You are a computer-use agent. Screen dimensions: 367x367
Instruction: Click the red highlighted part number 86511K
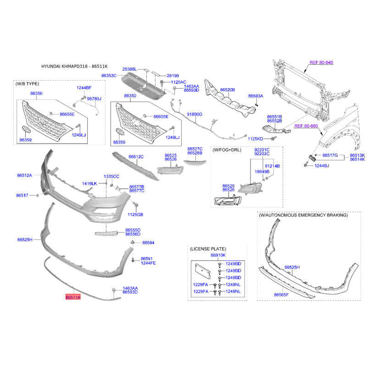[x=73, y=297]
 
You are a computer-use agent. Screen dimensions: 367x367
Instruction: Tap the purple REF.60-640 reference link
[x=321, y=62]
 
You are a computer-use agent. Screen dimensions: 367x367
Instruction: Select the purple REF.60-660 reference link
[x=306, y=126]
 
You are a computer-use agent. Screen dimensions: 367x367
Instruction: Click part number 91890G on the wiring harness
[x=195, y=114]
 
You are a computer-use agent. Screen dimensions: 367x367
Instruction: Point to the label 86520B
[x=228, y=89]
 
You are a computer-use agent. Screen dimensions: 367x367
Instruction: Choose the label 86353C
[x=109, y=76]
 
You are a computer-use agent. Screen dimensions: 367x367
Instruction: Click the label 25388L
[x=129, y=69]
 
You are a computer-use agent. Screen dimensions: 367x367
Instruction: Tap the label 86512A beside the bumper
[x=25, y=175]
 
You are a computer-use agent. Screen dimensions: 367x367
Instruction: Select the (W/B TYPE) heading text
[x=27, y=84]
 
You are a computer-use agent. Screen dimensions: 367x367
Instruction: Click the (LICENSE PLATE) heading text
[x=208, y=249]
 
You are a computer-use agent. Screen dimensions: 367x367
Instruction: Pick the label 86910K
[x=218, y=255]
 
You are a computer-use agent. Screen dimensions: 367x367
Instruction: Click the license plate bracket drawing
[x=203, y=271]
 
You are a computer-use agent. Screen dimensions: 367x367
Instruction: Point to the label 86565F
[x=281, y=295]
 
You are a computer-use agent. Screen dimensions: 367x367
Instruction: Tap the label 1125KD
[x=256, y=139]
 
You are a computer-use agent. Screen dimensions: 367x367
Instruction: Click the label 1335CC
[x=111, y=176]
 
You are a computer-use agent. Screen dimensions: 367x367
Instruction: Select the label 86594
[x=148, y=243]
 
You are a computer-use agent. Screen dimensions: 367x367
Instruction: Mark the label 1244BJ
[x=322, y=166]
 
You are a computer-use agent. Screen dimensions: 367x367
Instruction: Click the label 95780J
[x=94, y=99]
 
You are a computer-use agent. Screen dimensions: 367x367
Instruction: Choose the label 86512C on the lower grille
[x=136, y=156]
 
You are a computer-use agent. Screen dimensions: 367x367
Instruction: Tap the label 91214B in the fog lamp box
[x=272, y=166]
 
